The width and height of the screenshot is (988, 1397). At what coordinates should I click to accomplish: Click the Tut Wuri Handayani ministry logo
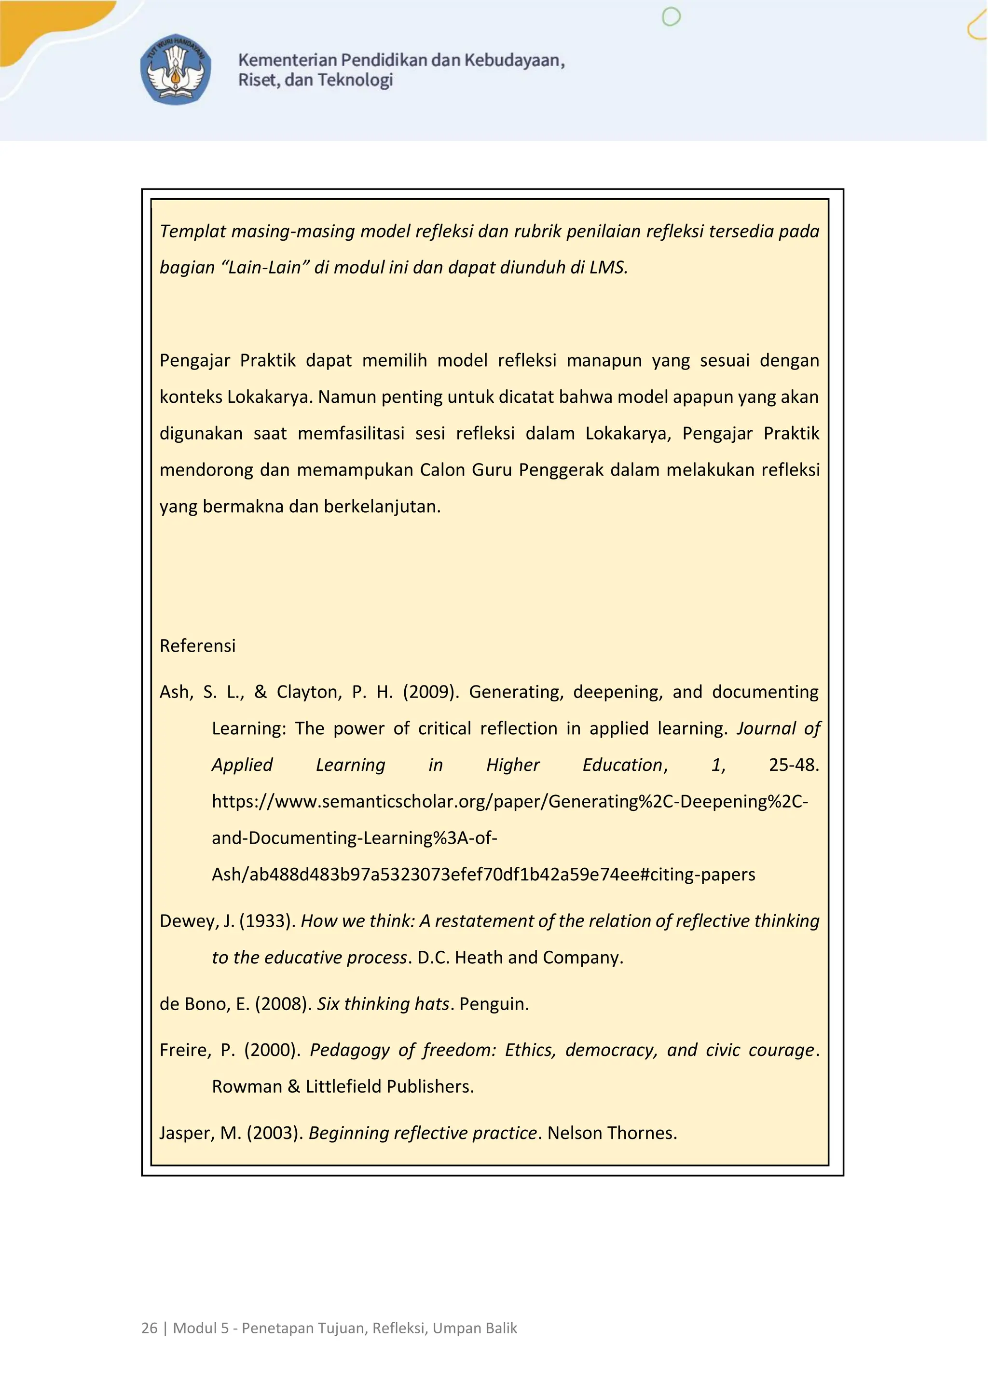(176, 69)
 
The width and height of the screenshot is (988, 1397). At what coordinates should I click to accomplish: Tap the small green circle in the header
(671, 17)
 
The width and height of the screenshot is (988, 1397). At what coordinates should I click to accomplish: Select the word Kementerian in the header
(287, 60)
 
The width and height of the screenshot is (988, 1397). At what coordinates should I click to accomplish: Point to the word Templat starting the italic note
(193, 231)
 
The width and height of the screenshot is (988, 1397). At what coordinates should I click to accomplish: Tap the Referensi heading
(197, 645)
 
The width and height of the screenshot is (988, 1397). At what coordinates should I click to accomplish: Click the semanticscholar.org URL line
(510, 801)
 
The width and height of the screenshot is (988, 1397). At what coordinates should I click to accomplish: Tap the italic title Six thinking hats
(383, 1004)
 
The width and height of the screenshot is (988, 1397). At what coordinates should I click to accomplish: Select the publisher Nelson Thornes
(611, 1133)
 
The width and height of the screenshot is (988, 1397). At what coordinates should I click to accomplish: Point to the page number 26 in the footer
(149, 1328)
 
